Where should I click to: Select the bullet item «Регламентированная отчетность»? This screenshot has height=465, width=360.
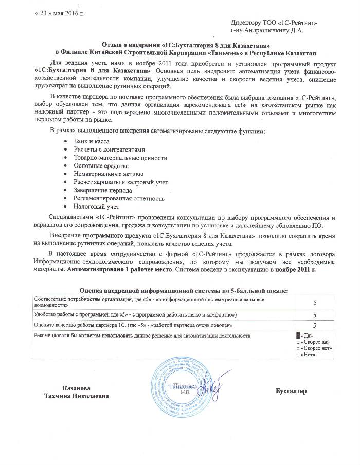tap(119, 198)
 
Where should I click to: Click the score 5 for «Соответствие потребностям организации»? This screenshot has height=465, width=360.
tap(314, 303)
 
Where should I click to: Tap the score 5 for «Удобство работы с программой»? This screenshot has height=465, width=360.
tap(314, 314)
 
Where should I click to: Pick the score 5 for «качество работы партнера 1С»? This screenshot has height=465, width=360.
tap(314, 325)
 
